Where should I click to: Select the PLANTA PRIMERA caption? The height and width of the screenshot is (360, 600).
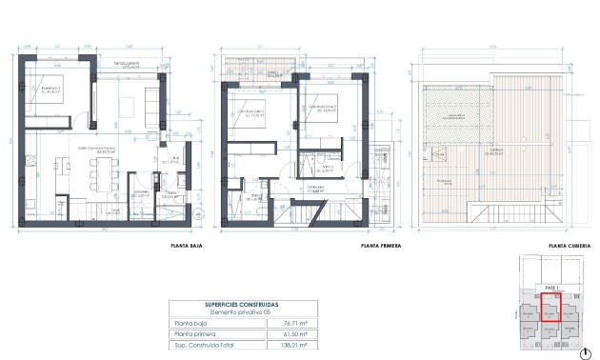pos(378,245)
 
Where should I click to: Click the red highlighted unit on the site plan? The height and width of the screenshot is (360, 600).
pos(552,307)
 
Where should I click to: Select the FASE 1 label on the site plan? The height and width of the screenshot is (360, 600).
pos(551,286)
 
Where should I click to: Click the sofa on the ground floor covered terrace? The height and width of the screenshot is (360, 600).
pos(152,99)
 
